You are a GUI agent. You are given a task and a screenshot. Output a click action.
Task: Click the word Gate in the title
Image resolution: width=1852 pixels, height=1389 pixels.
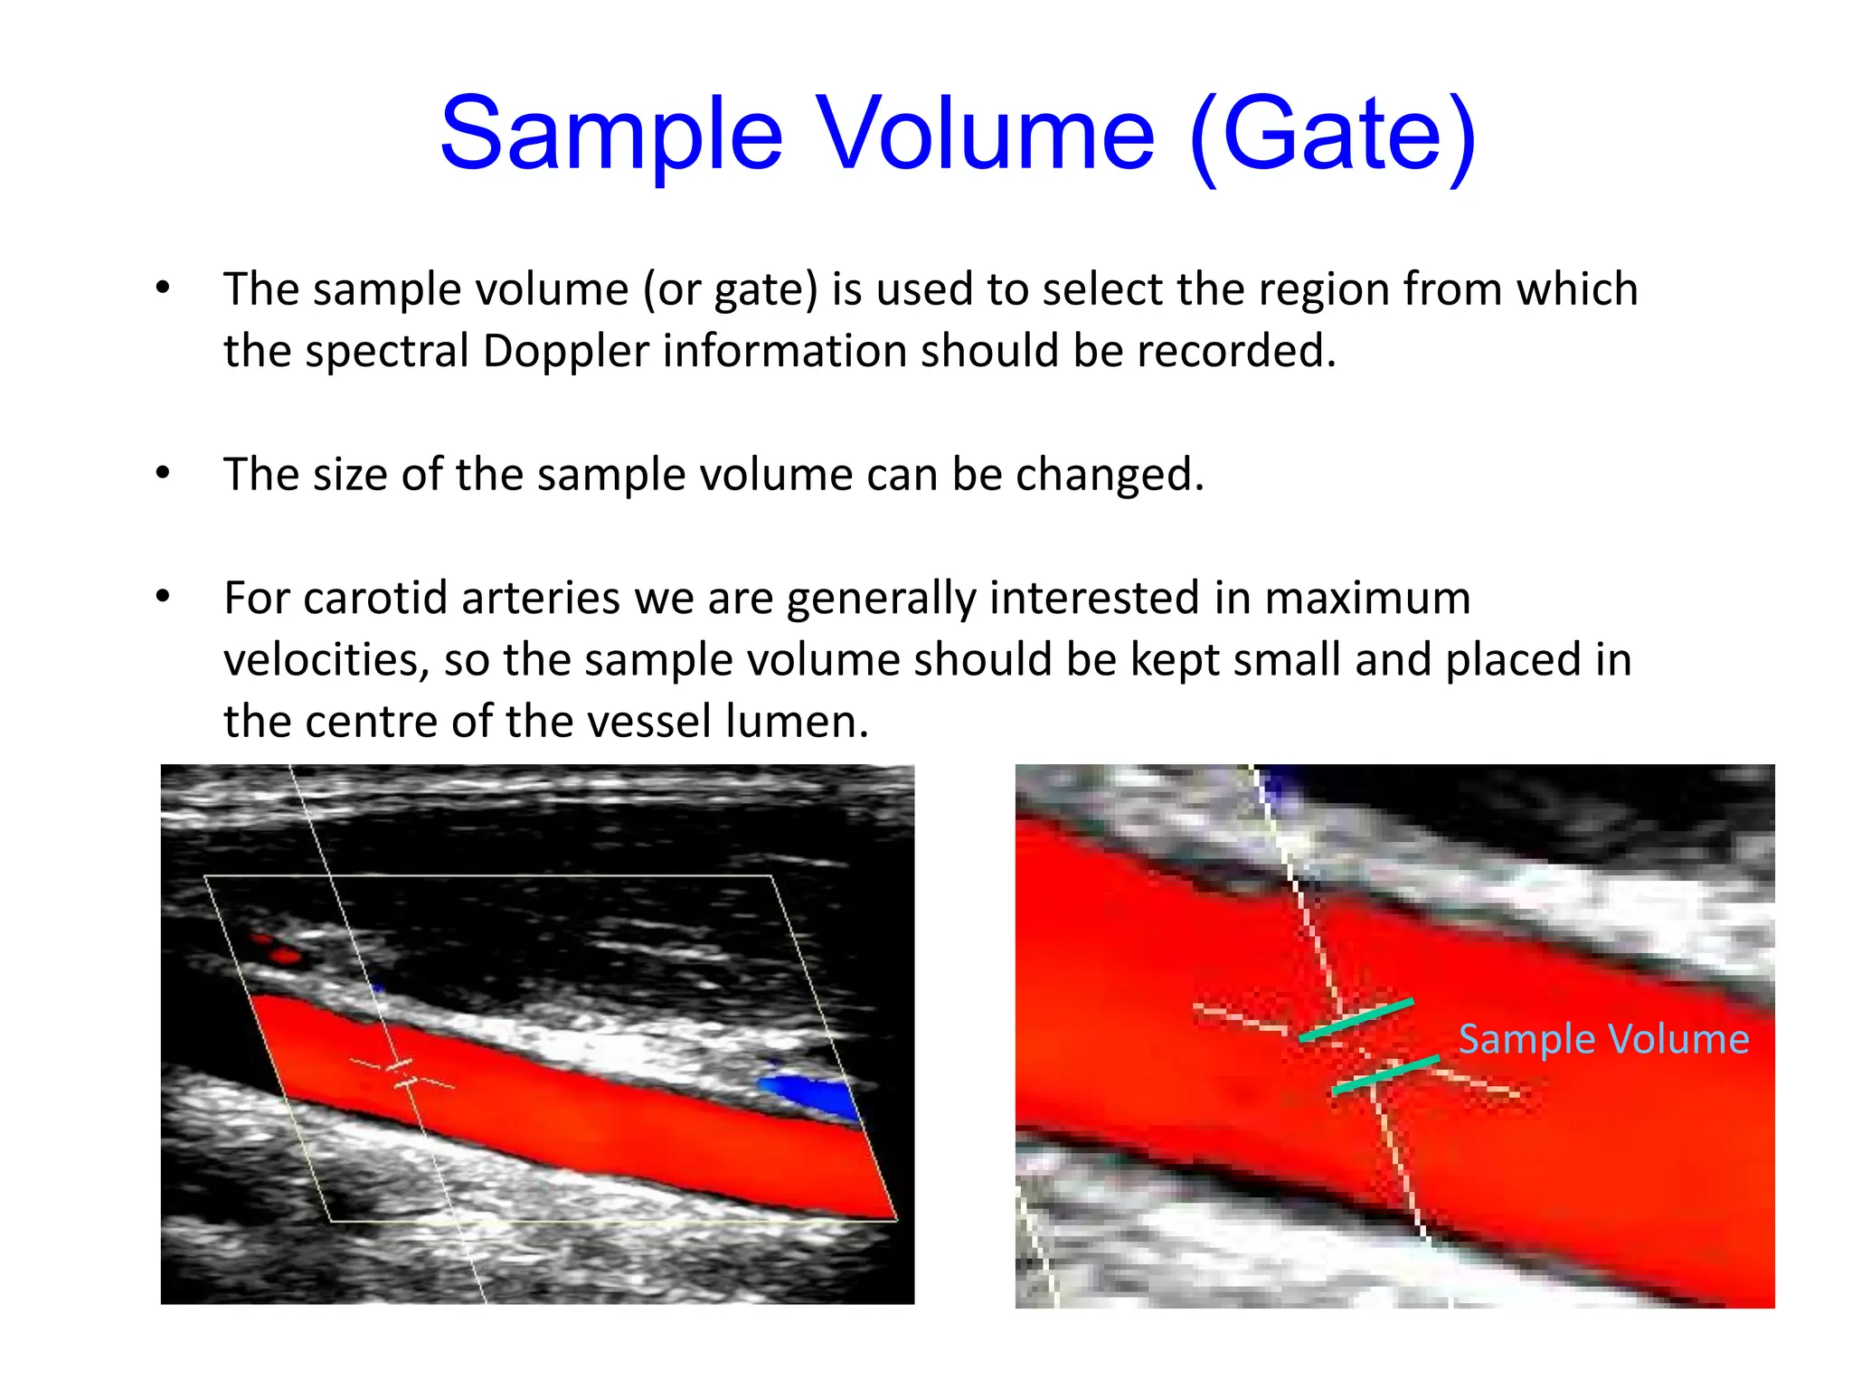coord(1331,136)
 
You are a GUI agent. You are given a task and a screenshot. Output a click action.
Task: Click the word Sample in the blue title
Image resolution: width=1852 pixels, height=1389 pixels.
coord(611,136)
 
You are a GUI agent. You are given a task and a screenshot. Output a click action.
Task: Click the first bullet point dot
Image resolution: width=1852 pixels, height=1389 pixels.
coord(163,288)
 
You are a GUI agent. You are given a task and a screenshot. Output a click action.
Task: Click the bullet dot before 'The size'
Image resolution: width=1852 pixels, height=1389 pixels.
coord(163,473)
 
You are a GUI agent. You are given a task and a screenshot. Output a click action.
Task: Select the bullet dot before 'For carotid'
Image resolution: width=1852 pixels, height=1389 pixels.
coord(163,597)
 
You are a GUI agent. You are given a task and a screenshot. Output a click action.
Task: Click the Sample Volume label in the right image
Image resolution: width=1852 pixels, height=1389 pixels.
coord(1603,1039)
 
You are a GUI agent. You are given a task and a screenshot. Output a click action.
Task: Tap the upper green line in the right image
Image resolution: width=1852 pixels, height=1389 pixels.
coord(1356,1019)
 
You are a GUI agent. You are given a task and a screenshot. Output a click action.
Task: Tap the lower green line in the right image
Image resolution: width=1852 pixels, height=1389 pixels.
coord(1385,1074)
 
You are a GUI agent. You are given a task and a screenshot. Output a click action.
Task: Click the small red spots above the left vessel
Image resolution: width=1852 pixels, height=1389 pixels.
coord(279,950)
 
